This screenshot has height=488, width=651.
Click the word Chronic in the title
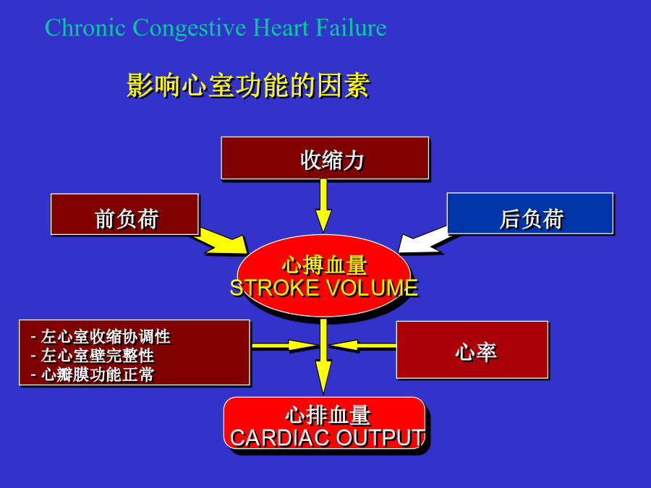[85, 27]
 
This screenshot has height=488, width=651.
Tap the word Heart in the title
[281, 27]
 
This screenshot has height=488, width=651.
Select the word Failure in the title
[351, 27]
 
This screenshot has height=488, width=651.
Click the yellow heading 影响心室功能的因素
[248, 86]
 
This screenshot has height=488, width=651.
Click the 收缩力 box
[325, 158]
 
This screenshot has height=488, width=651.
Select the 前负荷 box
[124, 214]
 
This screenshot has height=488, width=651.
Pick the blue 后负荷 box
[530, 213]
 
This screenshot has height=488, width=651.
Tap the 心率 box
[472, 350]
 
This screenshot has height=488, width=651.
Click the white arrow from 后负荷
[425, 241]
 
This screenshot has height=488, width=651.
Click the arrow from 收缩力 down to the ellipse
[323, 206]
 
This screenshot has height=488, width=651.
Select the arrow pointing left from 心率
[362, 346]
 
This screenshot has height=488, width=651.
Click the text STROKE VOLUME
[324, 288]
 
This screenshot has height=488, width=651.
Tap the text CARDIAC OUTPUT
[328, 438]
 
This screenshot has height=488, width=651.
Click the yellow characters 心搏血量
[325, 265]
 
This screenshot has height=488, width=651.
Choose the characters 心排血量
[328, 415]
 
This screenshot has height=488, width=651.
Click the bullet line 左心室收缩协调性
[101, 336]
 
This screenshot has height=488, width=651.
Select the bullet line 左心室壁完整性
[92, 356]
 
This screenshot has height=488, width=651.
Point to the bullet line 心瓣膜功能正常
[92, 374]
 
